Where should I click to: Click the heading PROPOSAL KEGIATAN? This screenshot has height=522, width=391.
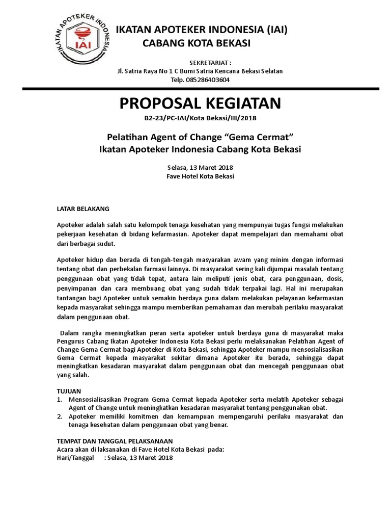click(200, 103)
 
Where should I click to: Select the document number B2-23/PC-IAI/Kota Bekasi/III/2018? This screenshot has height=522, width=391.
click(201, 119)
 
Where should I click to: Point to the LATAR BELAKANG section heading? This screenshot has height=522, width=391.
click(82, 208)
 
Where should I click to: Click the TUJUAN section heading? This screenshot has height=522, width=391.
click(68, 390)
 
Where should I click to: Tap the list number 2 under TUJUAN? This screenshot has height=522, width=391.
click(59, 416)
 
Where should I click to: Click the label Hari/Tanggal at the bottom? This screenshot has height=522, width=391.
click(75, 457)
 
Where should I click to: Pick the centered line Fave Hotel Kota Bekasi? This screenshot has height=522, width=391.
click(200, 176)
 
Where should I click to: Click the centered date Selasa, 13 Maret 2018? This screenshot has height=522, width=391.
click(200, 167)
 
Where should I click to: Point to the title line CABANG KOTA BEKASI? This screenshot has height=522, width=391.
click(196, 44)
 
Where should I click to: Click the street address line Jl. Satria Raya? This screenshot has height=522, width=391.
click(200, 71)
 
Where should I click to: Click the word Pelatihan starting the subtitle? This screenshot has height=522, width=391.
click(125, 137)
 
